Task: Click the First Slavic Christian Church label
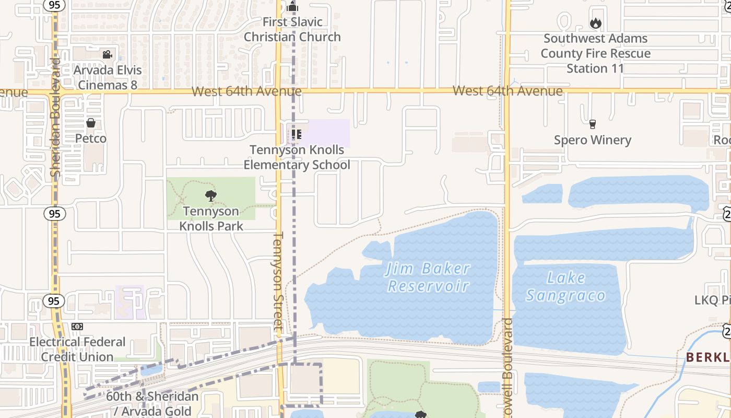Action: click(x=292, y=30)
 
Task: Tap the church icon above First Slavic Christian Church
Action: click(x=292, y=7)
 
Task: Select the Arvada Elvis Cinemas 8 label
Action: click(x=108, y=77)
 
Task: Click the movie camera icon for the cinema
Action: click(x=107, y=54)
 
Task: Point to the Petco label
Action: click(x=91, y=138)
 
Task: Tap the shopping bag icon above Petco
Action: click(x=91, y=123)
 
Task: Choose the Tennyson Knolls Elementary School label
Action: click(x=297, y=157)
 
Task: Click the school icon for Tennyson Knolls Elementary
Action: click(x=297, y=135)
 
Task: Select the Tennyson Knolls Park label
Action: click(x=211, y=218)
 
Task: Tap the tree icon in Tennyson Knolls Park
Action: click(x=211, y=196)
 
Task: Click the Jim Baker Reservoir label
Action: click(x=428, y=277)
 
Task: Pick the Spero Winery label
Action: click(x=593, y=140)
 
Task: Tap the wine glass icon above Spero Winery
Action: click(x=592, y=124)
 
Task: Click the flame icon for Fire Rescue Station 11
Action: click(x=595, y=23)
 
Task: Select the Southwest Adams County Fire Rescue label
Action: click(x=595, y=53)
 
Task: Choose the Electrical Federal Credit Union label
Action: click(x=77, y=350)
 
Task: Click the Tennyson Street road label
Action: click(x=278, y=282)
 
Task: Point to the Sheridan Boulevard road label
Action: click(x=56, y=118)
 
